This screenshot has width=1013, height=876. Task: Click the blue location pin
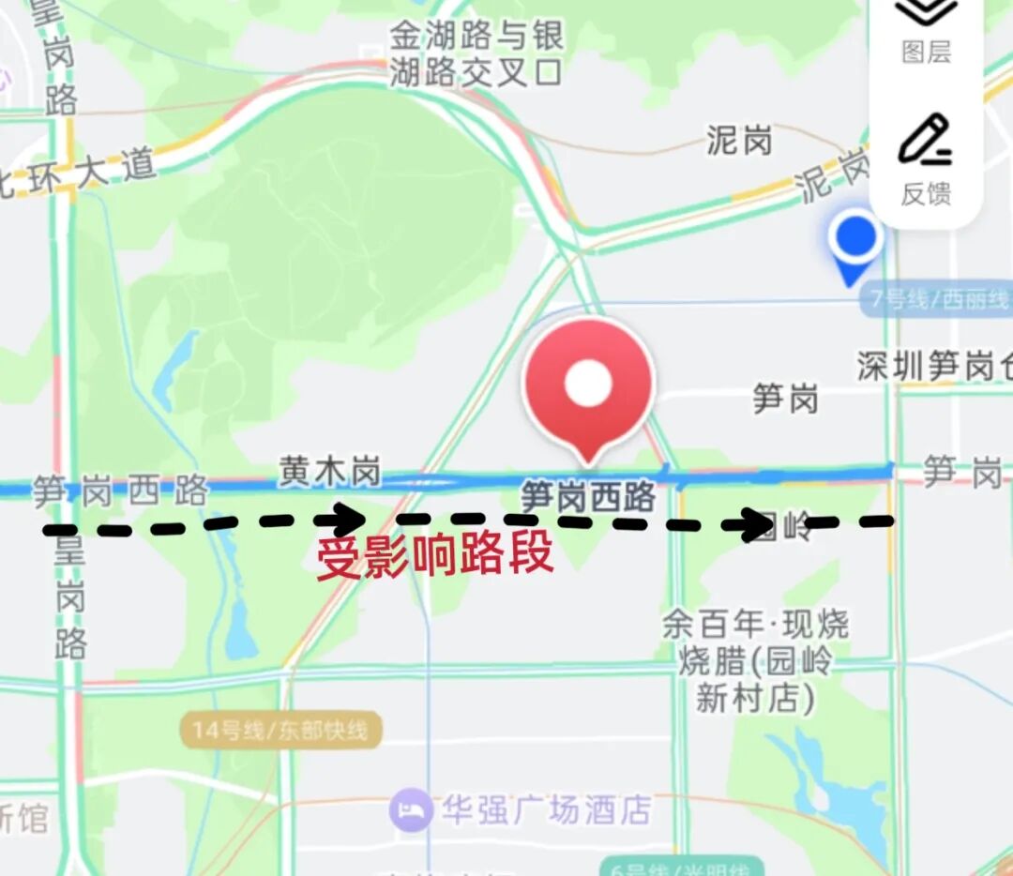pos(854,240)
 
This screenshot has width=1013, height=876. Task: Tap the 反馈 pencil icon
pos(925,141)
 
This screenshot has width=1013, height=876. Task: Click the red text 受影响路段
pos(434,558)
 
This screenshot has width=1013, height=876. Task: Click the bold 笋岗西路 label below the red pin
pos(587,497)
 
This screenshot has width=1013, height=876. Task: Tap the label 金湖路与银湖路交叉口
pos(476,54)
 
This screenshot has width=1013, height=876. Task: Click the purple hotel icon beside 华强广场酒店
pos(411,809)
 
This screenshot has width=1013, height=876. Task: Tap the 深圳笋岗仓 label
pos(934,367)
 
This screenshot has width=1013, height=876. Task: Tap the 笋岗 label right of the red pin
pos(785,400)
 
